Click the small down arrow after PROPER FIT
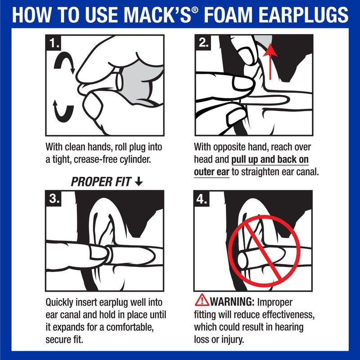pyautogui.click(x=139, y=182)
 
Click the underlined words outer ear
pyautogui.click(x=211, y=171)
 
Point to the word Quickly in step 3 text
pyautogui.click(x=61, y=302)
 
